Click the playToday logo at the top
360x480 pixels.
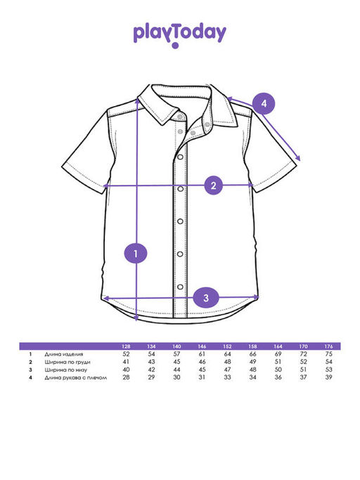click(179, 34)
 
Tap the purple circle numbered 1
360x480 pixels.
click(136, 253)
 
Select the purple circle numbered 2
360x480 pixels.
click(214, 186)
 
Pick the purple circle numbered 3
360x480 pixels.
click(206, 297)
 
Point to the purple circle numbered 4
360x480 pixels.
click(264, 103)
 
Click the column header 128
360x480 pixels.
click(126, 346)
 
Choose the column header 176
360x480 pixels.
click(328, 346)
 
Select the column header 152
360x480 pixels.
click(227, 346)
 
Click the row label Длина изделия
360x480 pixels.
click(64, 354)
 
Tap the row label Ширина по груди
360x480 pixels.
click(67, 362)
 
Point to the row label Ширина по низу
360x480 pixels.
click(66, 370)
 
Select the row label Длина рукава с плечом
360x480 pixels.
click(76, 378)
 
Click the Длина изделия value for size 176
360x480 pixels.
click(328, 354)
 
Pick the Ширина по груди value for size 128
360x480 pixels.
click(126, 362)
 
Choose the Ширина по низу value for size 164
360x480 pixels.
click(278, 370)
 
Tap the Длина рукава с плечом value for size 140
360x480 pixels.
click(176, 377)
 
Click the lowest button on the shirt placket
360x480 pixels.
click(180, 287)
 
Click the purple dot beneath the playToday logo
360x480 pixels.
click(175, 46)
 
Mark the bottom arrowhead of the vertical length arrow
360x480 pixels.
click(136, 318)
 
